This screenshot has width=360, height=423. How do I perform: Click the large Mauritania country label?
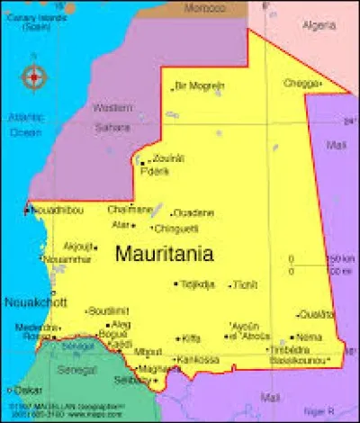[x=165, y=254]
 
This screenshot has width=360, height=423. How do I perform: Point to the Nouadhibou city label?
[x=59, y=210]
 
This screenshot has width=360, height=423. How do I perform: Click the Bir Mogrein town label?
[x=200, y=86]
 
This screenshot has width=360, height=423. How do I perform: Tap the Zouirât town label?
[x=168, y=158]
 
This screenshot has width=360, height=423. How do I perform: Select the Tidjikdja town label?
[x=198, y=284]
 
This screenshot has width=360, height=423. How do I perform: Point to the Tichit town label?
[x=245, y=284]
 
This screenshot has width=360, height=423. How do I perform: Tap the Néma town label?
[x=310, y=337]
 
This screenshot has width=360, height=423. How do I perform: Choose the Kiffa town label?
[x=191, y=338]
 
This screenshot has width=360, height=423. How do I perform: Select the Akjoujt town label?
[x=78, y=245]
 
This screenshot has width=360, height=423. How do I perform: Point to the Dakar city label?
[x=27, y=391]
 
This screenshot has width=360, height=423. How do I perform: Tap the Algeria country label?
[x=319, y=24]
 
